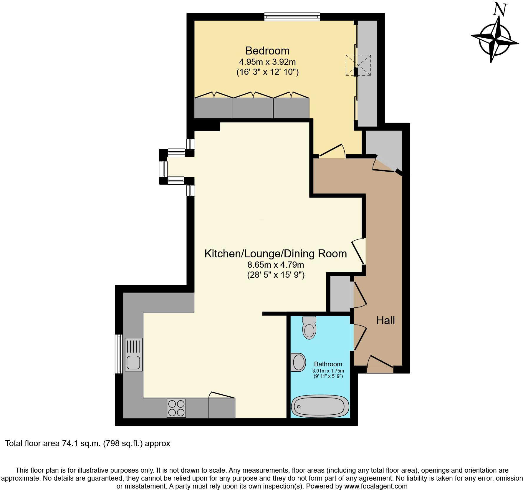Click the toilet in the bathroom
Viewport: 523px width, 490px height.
309,327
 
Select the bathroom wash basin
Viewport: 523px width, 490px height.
298,362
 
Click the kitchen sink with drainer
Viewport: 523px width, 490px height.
133,355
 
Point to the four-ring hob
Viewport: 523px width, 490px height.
176,408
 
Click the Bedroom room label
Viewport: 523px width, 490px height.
267,51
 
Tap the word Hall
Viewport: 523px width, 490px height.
385,320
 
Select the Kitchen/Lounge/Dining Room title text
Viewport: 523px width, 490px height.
276,254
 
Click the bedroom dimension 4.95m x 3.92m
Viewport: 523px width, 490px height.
267,62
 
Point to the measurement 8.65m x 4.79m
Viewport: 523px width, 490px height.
276,265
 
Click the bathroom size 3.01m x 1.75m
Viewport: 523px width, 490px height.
328,371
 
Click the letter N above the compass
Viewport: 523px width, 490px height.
500,9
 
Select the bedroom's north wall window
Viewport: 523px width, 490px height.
292,17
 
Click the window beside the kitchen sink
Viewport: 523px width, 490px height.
119,354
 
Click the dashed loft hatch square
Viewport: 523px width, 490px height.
358,65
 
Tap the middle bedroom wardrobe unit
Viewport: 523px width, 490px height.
253,108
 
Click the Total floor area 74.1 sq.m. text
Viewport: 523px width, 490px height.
88,443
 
